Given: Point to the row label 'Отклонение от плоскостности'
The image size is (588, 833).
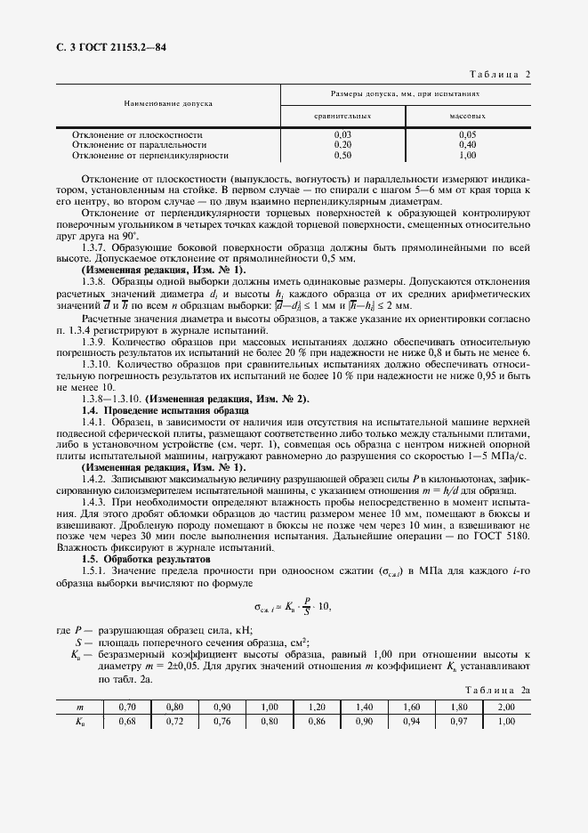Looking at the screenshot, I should [x=131, y=134].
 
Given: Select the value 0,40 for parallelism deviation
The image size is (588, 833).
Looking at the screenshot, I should [x=467, y=144].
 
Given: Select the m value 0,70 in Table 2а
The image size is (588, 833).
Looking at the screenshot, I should [x=127, y=708].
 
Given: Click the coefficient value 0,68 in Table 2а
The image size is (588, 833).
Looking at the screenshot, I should [x=127, y=722].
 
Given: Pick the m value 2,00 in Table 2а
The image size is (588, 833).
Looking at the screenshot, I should [x=508, y=708].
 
